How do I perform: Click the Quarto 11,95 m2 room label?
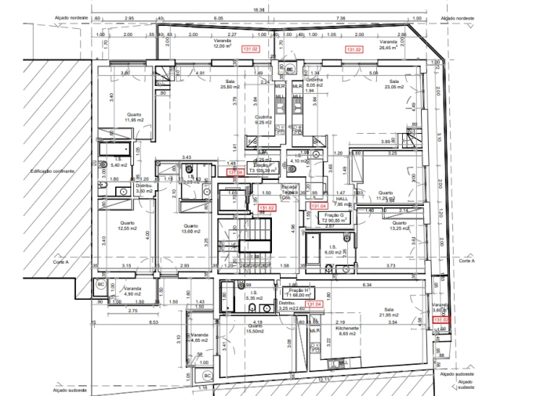pyautogui.click(x=134, y=117)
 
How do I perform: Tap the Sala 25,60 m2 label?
pyautogui.click(x=230, y=84)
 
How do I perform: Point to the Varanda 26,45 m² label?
pyautogui.click(x=389, y=45)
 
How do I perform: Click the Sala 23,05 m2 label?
pyautogui.click(x=393, y=84)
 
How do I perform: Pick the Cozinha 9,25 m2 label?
pyautogui.click(x=263, y=120)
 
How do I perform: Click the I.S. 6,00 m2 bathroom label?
pyautogui.click(x=333, y=250)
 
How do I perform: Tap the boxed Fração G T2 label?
pyautogui.click(x=334, y=218)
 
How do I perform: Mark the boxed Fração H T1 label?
pyautogui.click(x=292, y=293)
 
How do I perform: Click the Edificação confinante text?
pyautogui.click(x=53, y=170)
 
